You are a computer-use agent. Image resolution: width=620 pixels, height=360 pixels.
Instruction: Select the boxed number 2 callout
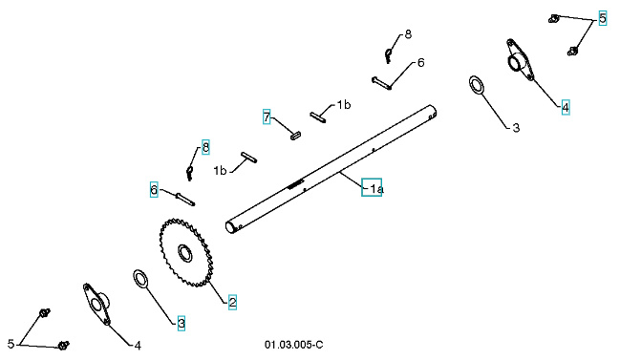click(232, 302)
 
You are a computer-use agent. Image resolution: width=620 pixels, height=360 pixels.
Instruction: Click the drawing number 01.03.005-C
click(294, 342)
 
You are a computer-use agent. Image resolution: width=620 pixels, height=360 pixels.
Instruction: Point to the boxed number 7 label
click(267, 116)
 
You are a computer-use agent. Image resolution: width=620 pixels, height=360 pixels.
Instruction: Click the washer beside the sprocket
click(139, 279)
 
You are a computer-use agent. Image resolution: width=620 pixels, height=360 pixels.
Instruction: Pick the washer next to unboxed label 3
click(477, 84)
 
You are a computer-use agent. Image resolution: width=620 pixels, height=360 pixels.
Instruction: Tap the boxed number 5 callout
click(603, 18)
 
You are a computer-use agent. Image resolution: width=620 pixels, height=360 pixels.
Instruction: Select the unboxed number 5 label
click(11, 342)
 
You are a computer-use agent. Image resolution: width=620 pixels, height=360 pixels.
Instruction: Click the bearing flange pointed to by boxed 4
click(521, 60)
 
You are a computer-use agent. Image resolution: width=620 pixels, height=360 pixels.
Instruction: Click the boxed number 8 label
click(204, 147)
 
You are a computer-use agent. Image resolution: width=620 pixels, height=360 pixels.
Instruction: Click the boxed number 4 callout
click(566, 107)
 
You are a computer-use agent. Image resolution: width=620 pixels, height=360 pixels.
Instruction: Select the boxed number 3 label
click(182, 323)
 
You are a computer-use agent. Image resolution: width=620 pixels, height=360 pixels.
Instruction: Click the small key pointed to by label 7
click(297, 136)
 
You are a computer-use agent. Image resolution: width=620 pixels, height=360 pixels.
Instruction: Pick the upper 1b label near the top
click(343, 104)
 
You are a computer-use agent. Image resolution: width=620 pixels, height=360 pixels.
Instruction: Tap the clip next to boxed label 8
click(190, 173)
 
